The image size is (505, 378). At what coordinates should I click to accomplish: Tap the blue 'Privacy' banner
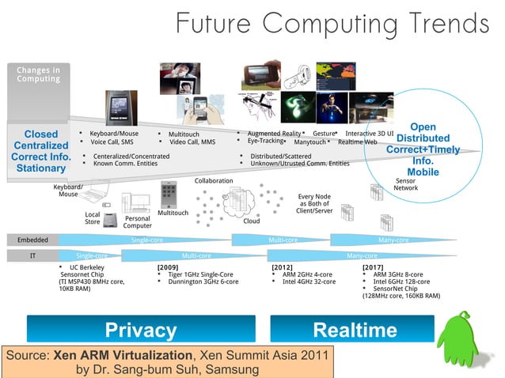pos(141,330)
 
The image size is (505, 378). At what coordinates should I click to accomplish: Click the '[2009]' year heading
pos(168,268)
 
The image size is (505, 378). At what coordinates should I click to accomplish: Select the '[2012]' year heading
pos(283,268)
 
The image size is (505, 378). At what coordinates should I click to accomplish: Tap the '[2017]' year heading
pos(373,268)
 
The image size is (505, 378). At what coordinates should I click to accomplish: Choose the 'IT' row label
pos(32,256)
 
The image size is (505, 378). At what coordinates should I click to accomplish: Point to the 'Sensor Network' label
pos(406,184)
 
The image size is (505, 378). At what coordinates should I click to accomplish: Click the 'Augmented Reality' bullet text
pos(274,134)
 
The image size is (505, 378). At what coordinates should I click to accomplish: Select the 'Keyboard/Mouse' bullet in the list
pos(114,134)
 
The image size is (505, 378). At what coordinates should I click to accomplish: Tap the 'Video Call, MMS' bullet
pos(192,142)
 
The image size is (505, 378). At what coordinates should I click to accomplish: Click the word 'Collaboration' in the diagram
pos(214,180)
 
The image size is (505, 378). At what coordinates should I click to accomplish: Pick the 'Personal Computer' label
pos(137,222)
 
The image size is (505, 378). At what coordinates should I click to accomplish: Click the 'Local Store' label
pos(93,218)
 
